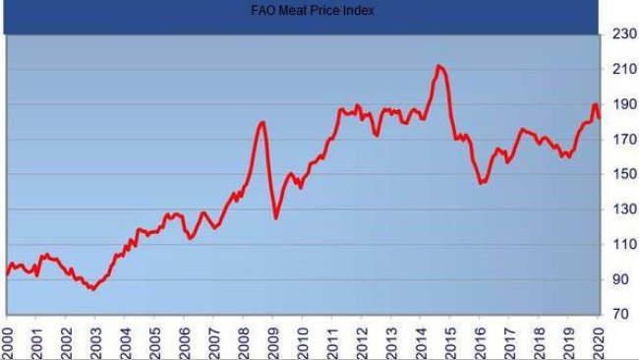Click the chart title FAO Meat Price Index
click(x=299, y=11)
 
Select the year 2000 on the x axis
click(x=7, y=338)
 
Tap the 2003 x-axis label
click(x=95, y=338)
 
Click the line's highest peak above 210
click(x=438, y=66)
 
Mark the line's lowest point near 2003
click(x=91, y=289)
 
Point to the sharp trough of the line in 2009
click(x=276, y=217)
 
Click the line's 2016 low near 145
click(x=482, y=183)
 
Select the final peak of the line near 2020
click(x=595, y=104)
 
